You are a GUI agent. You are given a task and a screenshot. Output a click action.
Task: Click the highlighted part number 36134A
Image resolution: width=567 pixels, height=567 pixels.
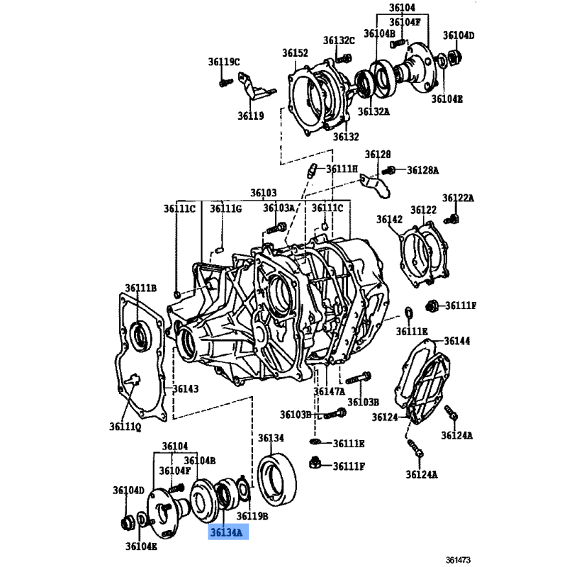226,532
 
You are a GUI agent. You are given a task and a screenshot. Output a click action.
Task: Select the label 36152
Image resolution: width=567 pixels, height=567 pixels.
295,52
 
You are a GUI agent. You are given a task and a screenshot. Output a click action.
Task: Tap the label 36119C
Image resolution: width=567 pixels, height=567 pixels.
224,62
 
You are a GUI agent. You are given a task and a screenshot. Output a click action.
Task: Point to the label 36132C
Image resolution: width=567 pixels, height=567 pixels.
339,40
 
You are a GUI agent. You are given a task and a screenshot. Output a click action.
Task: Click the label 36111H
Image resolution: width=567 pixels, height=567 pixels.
342,169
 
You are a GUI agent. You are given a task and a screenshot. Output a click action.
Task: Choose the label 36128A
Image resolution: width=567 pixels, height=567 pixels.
422,170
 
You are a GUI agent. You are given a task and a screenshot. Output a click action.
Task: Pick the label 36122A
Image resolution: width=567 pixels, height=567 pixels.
458,198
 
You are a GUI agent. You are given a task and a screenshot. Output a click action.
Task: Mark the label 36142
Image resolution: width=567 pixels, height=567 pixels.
389,219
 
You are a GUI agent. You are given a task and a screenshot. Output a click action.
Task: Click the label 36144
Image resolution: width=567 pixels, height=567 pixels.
457,341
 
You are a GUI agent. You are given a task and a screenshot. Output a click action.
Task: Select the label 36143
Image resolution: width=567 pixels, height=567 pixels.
186,388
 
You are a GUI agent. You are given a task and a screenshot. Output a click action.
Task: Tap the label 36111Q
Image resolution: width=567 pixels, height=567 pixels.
125,427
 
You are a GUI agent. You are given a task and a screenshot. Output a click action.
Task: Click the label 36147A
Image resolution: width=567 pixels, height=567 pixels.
330,391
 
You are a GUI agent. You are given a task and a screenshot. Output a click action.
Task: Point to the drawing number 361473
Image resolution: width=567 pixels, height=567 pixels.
458,560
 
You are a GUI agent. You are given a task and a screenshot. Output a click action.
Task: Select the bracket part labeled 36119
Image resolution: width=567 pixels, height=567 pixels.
255,86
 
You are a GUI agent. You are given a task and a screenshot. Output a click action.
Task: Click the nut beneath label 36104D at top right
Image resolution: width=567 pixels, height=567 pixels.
455,57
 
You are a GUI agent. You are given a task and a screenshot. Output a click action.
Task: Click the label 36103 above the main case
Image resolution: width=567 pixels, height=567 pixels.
264,193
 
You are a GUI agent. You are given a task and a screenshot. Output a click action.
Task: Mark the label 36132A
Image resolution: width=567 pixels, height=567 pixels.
374,111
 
